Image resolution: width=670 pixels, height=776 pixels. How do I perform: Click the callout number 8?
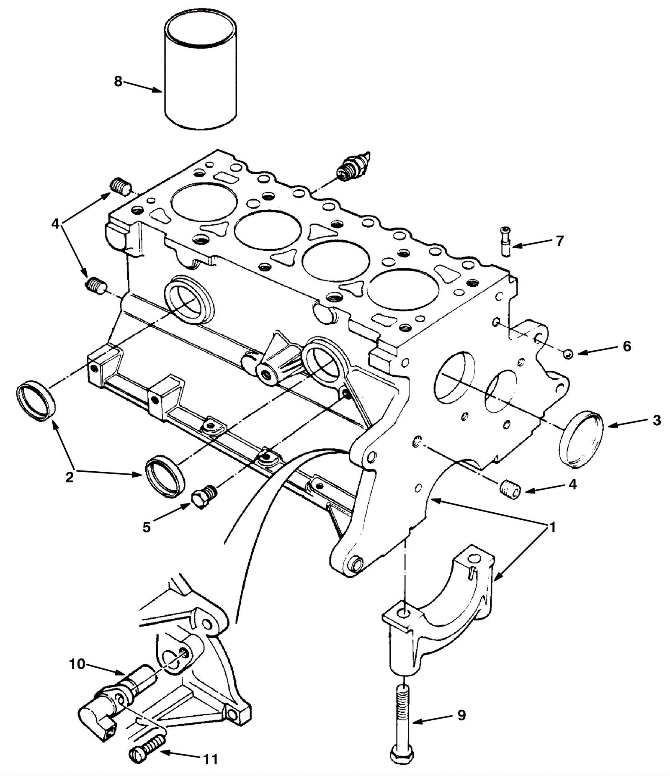pos(118,81)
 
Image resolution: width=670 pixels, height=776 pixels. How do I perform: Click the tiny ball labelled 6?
pos(568,353)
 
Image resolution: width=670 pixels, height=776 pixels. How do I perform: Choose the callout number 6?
pos(626,347)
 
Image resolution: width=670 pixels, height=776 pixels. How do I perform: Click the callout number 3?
pos(656,420)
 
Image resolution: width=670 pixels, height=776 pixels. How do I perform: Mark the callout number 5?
pos(146,527)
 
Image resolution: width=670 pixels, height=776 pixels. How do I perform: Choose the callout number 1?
pos(552,527)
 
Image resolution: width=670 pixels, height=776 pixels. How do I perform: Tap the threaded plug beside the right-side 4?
pos(510,488)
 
